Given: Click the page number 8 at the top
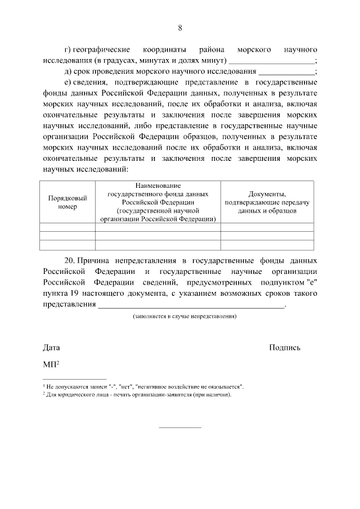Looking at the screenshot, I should tap(180, 28).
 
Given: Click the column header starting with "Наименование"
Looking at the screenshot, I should tap(157, 202).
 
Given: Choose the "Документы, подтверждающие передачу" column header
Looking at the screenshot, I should tap(267, 202).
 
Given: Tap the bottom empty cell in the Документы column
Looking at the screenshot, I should tap(267, 245).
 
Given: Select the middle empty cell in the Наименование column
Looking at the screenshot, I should tap(157, 236).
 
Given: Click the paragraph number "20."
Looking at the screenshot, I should tap(70, 261).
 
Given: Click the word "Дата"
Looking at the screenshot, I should tap(51, 348).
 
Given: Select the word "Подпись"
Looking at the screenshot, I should tap(285, 348).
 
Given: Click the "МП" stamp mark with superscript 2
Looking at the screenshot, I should tap(51, 364).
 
